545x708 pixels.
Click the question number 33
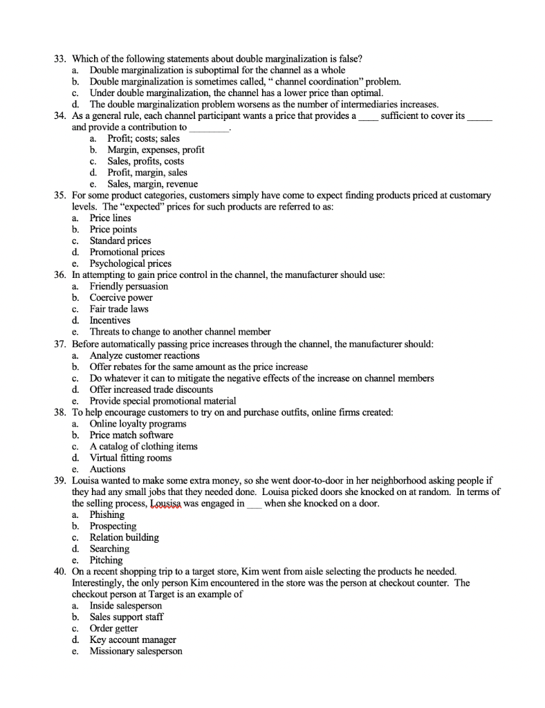[x=60, y=59]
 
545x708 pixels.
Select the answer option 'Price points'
[x=113, y=230]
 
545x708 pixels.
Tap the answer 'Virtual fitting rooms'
[x=131, y=458]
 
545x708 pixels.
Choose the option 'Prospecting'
[x=113, y=526]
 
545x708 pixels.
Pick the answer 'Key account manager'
[x=133, y=640]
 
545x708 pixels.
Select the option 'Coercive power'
[x=121, y=298]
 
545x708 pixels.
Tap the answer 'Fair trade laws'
[x=119, y=309]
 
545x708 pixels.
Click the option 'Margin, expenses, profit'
[x=156, y=149]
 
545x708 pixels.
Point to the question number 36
[x=60, y=275]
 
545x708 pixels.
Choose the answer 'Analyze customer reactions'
[x=145, y=355]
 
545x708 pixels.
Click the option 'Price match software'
[x=131, y=435]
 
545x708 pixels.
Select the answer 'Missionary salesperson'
[x=136, y=651]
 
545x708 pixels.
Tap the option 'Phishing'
[x=107, y=514]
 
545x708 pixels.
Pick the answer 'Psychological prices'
[x=131, y=263]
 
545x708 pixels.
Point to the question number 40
[x=60, y=572]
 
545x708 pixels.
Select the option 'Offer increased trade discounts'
[x=151, y=389]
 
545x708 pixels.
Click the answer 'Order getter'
[x=113, y=628]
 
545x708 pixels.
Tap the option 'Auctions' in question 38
[x=107, y=469]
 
